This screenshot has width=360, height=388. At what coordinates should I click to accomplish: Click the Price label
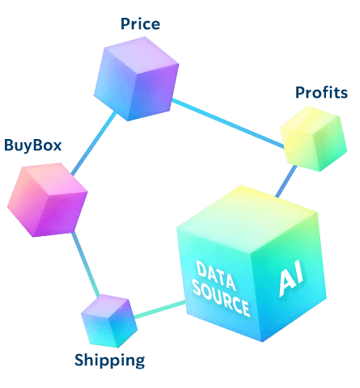point(140,23)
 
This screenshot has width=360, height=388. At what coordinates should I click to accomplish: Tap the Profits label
point(321,92)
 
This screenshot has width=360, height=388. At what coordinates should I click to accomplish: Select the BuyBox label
point(33,145)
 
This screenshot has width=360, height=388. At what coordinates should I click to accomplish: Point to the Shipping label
point(110,361)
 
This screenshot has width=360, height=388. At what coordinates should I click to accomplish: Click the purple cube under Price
point(136,79)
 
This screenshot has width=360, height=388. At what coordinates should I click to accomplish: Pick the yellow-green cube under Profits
point(314,139)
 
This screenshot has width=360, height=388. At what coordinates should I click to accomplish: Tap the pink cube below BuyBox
point(47,200)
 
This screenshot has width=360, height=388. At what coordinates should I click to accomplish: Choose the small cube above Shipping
point(109,321)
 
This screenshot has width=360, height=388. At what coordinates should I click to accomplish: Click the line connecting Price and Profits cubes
point(228,124)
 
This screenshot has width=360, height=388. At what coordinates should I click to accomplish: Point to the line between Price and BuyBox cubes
point(94,143)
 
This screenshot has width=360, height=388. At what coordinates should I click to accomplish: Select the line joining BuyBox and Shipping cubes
point(86,264)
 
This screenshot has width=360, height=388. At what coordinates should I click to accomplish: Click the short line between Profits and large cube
point(286,181)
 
